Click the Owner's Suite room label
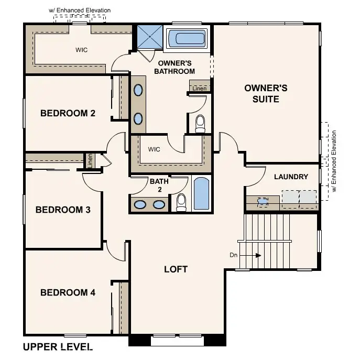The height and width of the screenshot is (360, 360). coord(266,94)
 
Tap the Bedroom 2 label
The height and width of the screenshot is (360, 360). coord(68,113)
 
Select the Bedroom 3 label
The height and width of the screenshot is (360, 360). coord(63,210)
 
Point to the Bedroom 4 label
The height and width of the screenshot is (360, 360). coord(68,292)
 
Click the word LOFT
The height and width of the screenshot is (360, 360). coord(176,269)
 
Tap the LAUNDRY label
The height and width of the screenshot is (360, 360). coord(291,177)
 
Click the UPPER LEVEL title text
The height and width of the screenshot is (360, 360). coord(58,347)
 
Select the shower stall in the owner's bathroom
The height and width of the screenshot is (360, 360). coord(150,37)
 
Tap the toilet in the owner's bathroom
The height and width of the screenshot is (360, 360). coord(200,124)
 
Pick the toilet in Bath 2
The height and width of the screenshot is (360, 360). coord(181,202)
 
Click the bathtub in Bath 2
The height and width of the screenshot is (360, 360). coord(201,193)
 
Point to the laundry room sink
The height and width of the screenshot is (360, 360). coord(263,202)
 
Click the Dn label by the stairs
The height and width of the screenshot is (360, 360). coord(234,255)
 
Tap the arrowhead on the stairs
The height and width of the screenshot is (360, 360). coord(258,255)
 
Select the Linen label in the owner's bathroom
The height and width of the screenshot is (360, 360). coord(200,89)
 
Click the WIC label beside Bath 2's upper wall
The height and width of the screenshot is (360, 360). coord(154,149)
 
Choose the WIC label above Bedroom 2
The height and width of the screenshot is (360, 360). coord(82,50)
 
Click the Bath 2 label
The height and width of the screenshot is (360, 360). coord(159,186)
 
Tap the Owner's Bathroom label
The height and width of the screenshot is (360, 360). coord(174,67)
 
